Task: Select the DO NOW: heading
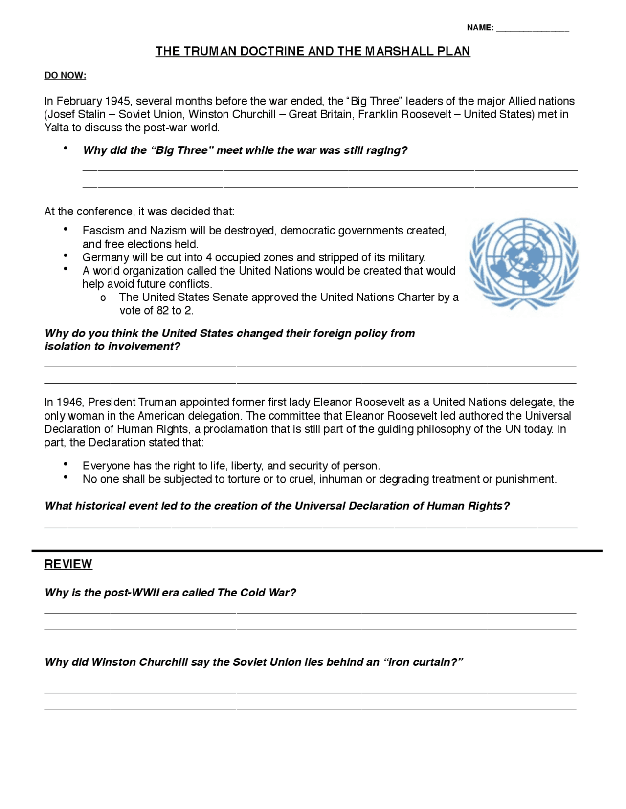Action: point(65,75)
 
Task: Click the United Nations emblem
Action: point(523,263)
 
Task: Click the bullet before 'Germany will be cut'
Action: point(66,256)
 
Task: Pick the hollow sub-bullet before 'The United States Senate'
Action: point(103,298)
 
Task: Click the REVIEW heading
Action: point(68,564)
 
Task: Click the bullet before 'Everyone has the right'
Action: point(66,464)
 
